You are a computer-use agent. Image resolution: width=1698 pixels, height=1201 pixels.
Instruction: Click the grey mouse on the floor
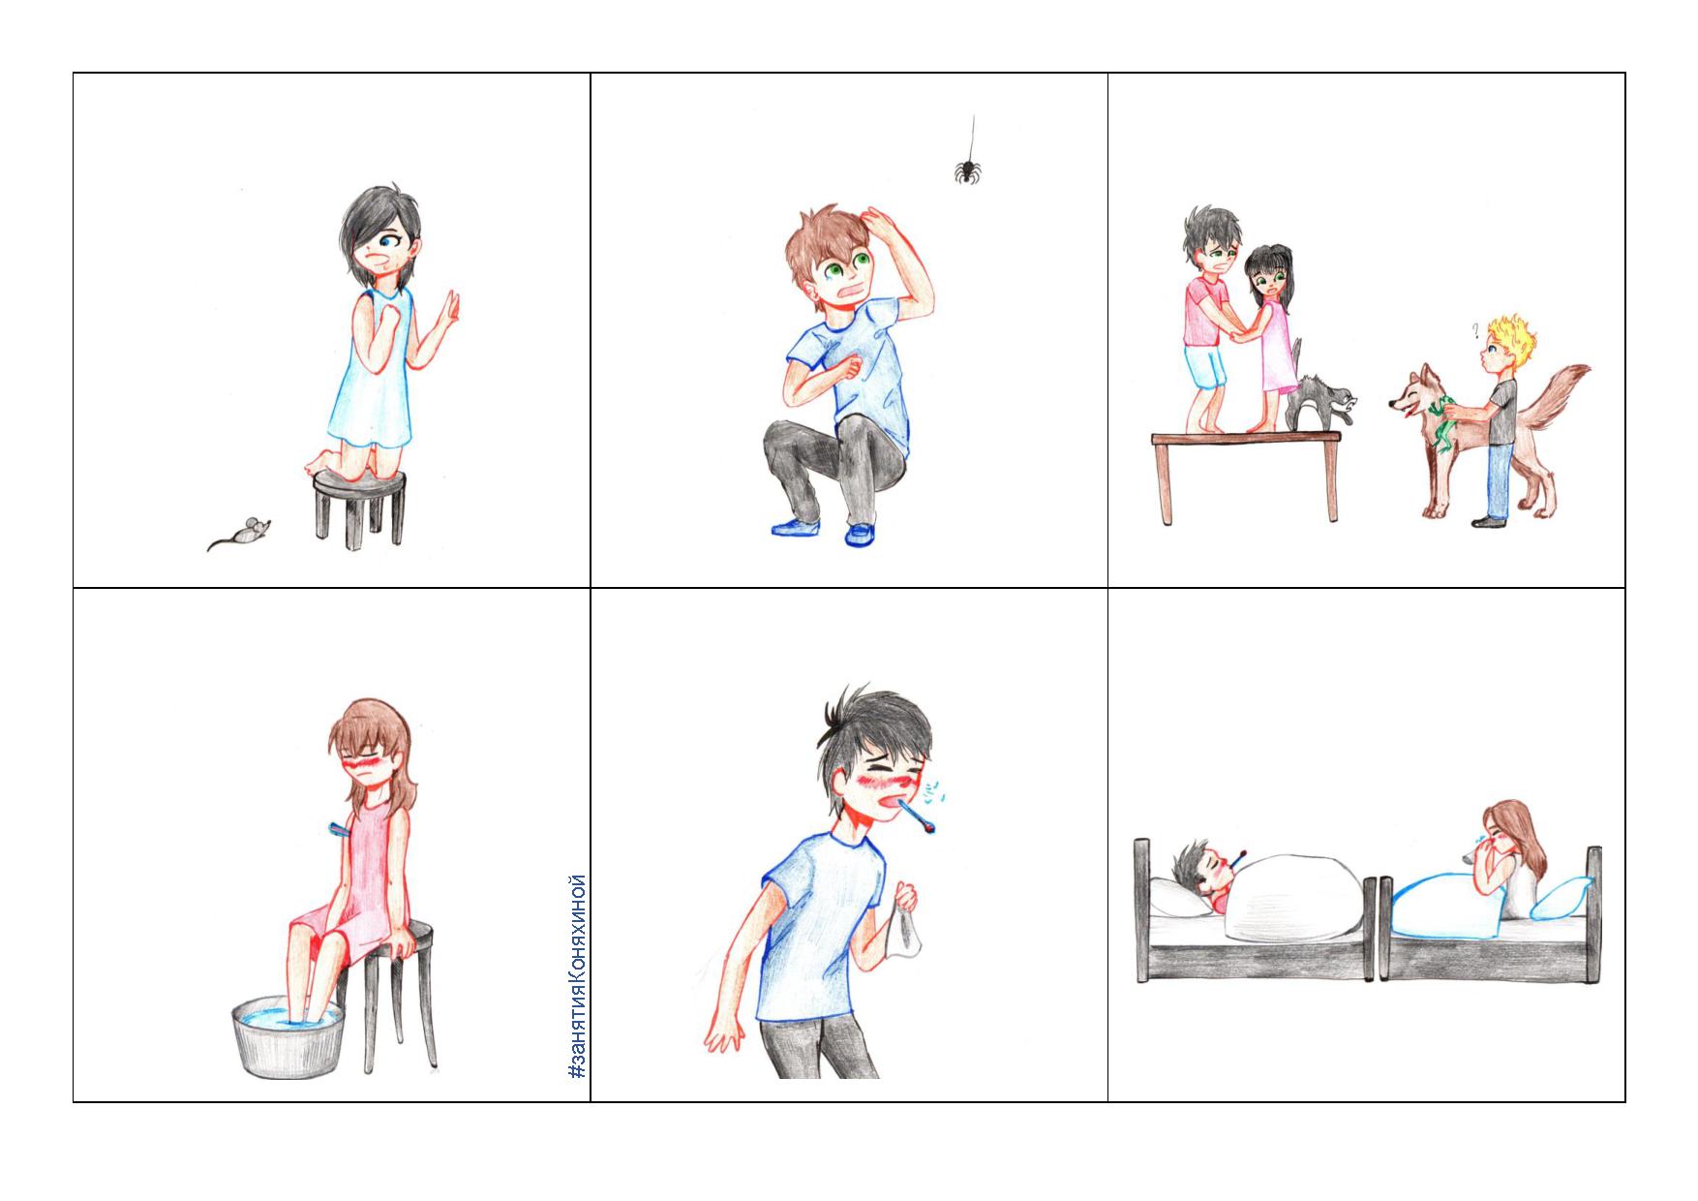click(x=242, y=533)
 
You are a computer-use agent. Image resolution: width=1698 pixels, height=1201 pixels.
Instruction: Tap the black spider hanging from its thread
click(x=967, y=171)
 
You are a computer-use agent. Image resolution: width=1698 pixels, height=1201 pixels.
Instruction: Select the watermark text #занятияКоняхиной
click(x=578, y=977)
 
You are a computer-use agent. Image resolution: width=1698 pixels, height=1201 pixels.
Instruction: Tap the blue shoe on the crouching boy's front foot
click(x=859, y=534)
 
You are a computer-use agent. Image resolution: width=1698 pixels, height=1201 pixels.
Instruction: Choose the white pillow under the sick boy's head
click(x=1180, y=900)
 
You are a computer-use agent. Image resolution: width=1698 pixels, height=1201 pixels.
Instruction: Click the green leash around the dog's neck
click(x=1443, y=424)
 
